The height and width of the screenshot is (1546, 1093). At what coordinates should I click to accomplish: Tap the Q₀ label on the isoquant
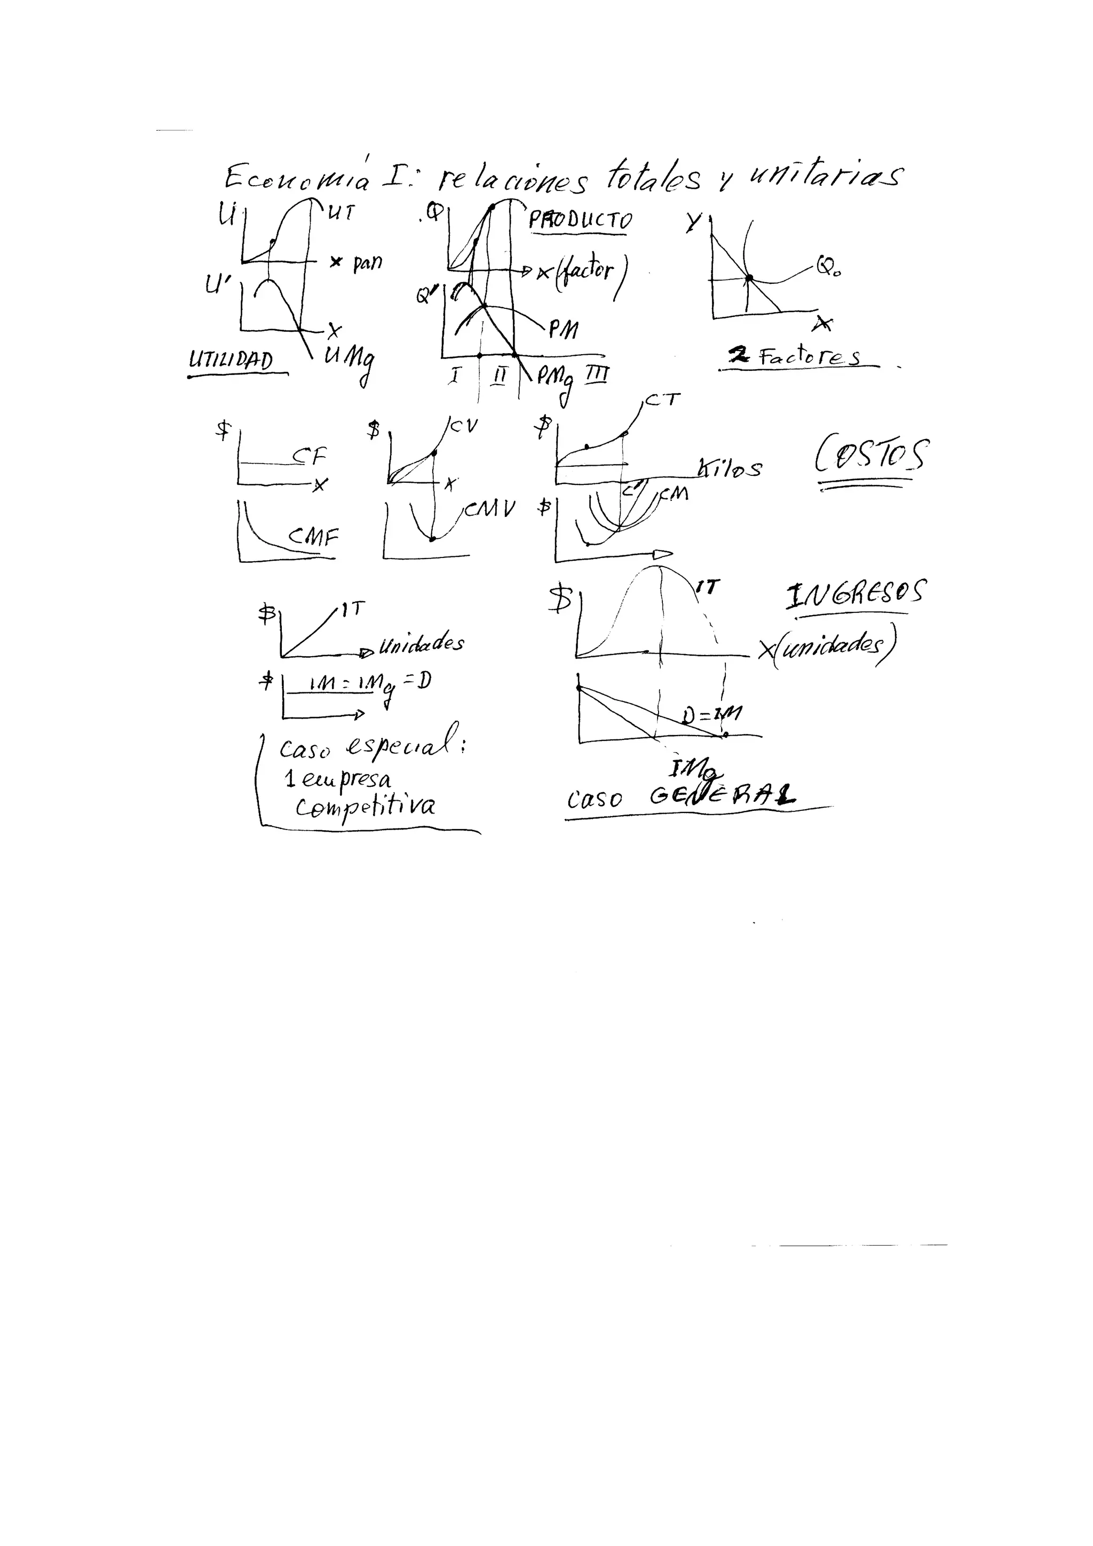point(828,268)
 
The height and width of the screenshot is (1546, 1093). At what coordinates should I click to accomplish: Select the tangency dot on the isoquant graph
point(748,277)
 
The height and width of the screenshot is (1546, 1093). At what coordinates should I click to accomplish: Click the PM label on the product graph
point(563,329)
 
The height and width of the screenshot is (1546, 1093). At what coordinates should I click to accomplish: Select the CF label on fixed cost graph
point(309,457)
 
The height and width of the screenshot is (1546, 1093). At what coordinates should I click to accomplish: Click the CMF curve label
point(313,536)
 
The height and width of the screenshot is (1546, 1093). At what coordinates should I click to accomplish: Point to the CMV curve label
point(489,509)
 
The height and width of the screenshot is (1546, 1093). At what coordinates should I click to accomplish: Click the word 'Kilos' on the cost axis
point(730,468)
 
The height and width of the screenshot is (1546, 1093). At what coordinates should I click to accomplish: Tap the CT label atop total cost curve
point(663,401)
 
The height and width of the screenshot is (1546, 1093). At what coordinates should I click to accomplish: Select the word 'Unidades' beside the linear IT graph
point(421,645)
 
